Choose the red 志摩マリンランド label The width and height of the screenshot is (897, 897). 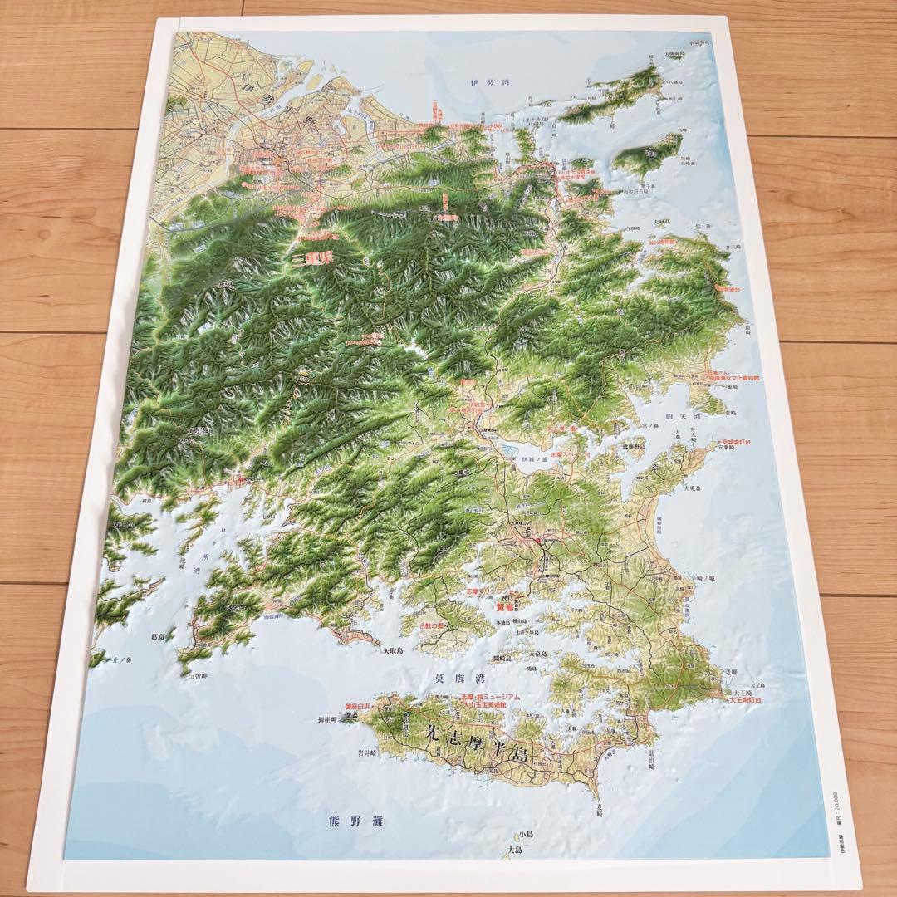tap(490, 593)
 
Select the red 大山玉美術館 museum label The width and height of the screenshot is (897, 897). tap(489, 706)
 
